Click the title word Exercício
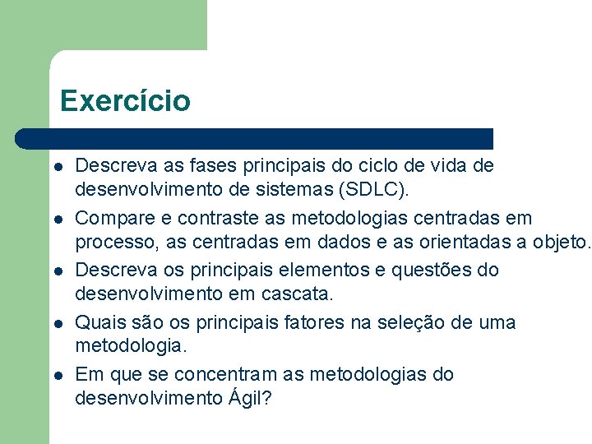[125, 101]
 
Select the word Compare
[110, 219]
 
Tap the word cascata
[303, 294]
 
